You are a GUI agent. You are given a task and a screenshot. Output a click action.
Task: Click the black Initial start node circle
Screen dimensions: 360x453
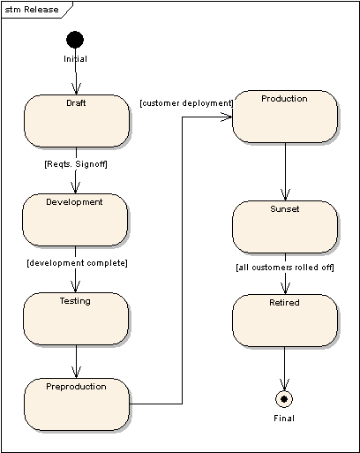tap(75, 40)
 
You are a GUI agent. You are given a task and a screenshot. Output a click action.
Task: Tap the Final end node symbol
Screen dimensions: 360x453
tap(284, 399)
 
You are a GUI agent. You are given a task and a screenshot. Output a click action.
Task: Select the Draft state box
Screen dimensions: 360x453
tap(77, 121)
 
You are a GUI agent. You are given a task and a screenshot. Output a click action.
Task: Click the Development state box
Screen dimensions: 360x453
tap(75, 220)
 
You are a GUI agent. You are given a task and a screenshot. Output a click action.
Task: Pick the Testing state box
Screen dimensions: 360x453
tap(76, 319)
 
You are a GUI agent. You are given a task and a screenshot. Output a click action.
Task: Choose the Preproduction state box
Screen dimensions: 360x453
tap(77, 404)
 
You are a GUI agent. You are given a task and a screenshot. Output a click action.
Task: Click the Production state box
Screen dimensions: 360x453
tap(285, 117)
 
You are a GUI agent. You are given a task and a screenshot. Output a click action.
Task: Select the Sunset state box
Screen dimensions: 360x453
tap(285, 227)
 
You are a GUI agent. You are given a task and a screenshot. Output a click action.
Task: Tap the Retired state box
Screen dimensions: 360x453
tap(285, 321)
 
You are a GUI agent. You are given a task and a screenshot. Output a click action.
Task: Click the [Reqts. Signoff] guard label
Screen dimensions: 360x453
tap(76, 164)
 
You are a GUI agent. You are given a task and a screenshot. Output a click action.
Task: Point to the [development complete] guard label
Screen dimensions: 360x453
tap(78, 263)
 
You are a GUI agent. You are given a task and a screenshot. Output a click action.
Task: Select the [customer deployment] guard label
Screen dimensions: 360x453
tap(186, 103)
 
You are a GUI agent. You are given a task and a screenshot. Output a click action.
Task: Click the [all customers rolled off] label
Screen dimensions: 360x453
tap(285, 268)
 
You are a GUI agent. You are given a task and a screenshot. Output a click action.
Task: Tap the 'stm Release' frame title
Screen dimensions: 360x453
tap(32, 10)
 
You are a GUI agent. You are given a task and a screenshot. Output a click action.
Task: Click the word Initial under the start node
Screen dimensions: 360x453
tap(75, 59)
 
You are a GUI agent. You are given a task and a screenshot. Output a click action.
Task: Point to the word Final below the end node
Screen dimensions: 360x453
tap(284, 419)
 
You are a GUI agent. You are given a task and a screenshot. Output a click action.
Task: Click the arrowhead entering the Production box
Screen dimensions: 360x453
tap(227, 117)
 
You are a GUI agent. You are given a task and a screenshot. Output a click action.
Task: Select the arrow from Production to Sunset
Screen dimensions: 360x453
tap(285, 171)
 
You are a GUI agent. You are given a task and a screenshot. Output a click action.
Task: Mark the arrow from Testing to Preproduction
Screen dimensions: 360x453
tap(76, 361)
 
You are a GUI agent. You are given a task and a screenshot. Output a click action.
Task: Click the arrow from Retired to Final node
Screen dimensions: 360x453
tap(284, 368)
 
